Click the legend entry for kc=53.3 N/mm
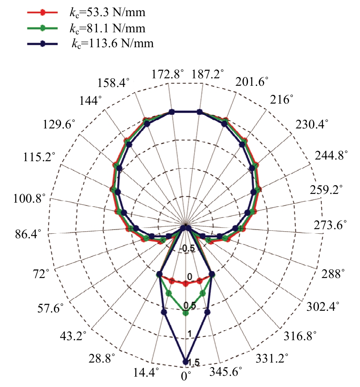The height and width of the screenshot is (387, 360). point(107,12)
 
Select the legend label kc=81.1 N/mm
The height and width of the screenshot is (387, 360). point(107,28)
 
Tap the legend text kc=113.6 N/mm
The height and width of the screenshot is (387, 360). point(113,44)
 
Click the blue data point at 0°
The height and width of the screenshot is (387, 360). point(185,362)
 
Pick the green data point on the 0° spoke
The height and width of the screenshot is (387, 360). point(185,313)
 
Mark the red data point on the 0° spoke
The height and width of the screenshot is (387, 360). point(185,284)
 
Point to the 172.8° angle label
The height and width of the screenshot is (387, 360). point(168,74)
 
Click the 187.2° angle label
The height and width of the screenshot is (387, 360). point(208,74)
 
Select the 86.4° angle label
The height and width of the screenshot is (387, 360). point(28,234)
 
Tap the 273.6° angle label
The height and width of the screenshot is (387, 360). point(330,225)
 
